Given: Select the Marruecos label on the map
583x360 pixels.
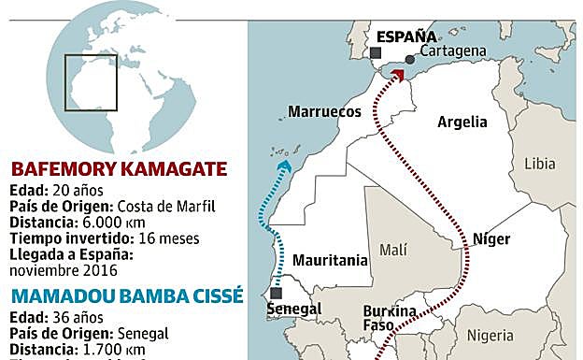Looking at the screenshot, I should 324,111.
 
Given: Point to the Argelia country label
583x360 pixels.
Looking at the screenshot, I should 462,122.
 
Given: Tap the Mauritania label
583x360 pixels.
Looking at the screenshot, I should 331,261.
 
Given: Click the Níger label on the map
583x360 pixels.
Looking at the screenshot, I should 491,238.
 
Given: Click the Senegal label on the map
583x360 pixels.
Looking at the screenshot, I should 294,309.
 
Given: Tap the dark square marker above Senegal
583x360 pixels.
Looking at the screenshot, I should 275,293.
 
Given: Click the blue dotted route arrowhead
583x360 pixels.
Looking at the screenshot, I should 285,166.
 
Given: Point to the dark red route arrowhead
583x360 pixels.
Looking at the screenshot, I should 398,74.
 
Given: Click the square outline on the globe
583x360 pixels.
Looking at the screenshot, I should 91,81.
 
